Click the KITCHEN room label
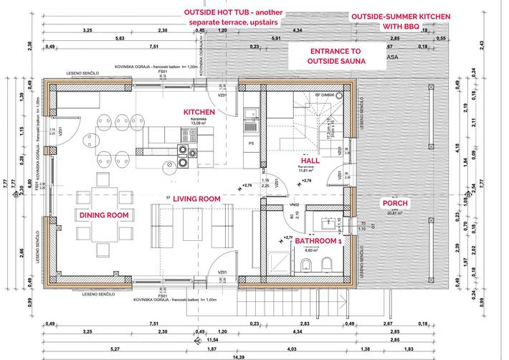coord(199,113)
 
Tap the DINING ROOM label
coord(103,214)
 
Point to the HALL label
coord(310,161)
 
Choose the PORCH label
coord(394,204)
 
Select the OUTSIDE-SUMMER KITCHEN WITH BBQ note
coord(400,21)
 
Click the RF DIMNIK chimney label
coord(325,93)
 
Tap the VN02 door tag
coord(294,204)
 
